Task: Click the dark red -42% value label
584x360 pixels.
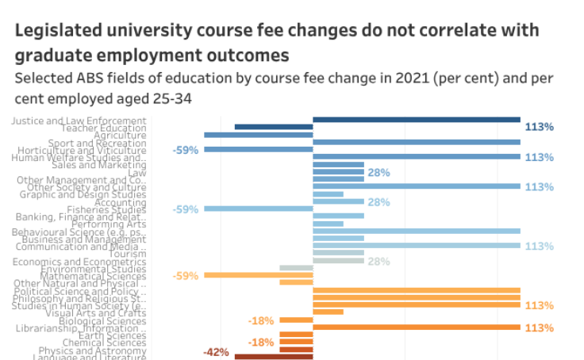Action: (x=217, y=352)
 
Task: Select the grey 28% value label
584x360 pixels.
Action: (x=379, y=262)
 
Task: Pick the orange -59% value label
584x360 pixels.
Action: (x=185, y=276)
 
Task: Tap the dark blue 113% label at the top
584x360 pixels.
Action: (x=539, y=127)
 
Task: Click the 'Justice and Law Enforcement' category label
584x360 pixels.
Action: (x=79, y=121)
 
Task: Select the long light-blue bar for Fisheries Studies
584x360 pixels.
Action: (x=258, y=209)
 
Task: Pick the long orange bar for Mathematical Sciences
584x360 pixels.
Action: (x=258, y=275)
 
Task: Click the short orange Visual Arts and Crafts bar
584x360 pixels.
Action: (x=328, y=312)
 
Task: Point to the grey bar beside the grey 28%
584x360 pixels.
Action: (x=338, y=260)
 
